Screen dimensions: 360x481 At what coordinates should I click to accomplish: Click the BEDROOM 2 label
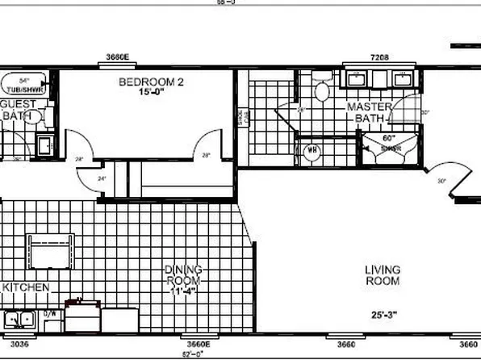pos(144,82)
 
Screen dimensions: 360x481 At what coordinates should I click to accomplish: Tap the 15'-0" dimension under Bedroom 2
pos(146,93)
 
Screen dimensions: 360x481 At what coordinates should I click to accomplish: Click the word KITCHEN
pos(28,287)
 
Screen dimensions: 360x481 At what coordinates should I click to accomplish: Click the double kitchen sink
pos(17,318)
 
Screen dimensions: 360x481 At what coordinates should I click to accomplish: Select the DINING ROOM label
pos(183,275)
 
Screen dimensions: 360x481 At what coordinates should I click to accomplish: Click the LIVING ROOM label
pos(383,275)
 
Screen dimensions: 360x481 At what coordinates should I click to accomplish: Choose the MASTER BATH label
pos(370,112)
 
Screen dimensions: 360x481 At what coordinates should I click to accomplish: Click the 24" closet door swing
pos(102,176)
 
